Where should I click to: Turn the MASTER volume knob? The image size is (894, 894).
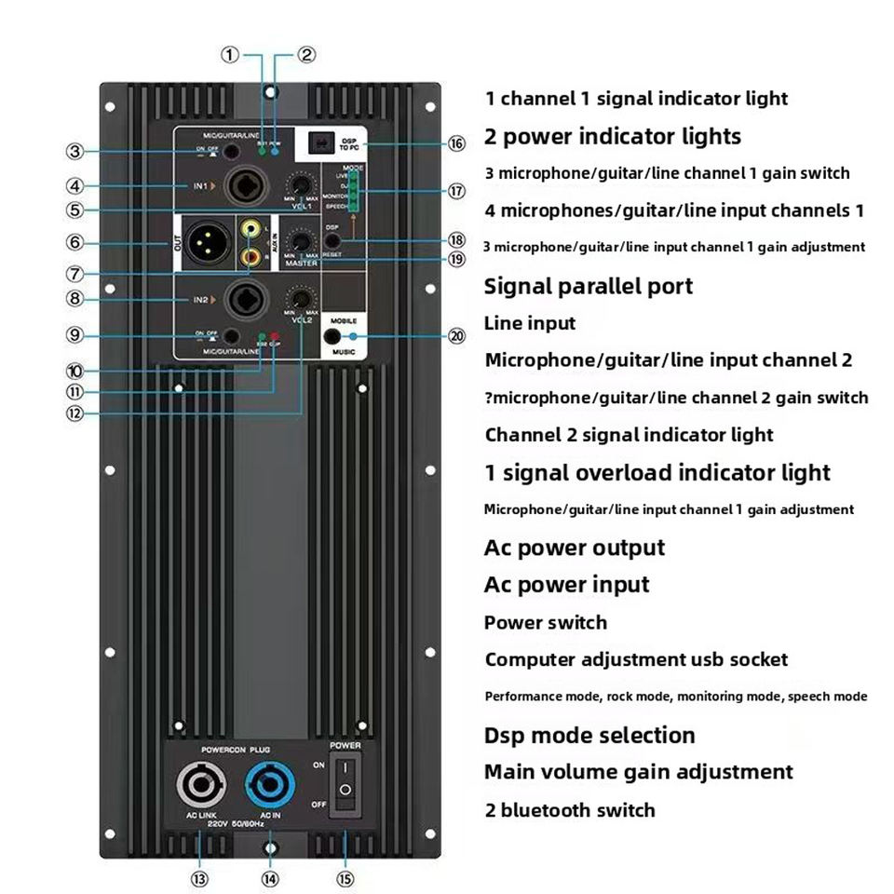301,241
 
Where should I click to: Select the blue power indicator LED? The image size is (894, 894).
276,150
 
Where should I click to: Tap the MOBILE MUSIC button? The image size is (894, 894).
332,337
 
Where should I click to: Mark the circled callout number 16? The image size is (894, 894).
456,143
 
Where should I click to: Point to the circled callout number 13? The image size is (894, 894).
199,877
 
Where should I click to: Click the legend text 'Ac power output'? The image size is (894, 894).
575,548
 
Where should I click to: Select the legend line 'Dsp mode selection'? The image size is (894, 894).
589,735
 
